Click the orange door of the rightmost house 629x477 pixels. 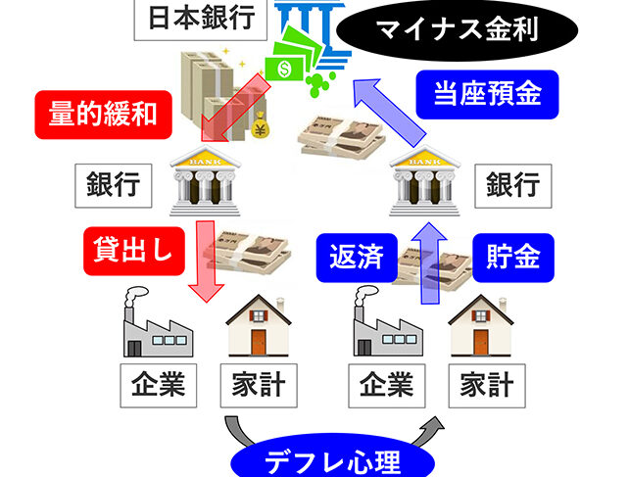click(x=481, y=341)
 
